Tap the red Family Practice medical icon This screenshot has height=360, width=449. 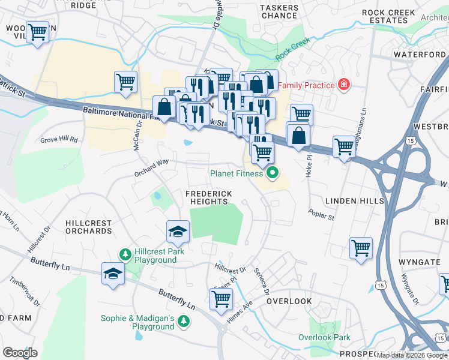coord(343,85)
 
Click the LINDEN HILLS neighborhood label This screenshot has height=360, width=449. coord(354,201)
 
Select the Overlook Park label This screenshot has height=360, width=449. coord(324,337)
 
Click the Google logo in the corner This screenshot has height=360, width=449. coord(20,352)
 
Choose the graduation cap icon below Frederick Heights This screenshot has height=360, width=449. coord(178,232)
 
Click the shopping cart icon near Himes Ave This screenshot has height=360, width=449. coord(221,299)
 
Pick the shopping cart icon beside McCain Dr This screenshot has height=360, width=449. coord(125,82)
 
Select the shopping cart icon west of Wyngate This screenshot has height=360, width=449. coord(361,248)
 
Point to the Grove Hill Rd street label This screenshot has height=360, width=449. coord(59,139)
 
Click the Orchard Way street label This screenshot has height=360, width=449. coord(151,166)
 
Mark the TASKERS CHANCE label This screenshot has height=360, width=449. coord(279,11)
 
